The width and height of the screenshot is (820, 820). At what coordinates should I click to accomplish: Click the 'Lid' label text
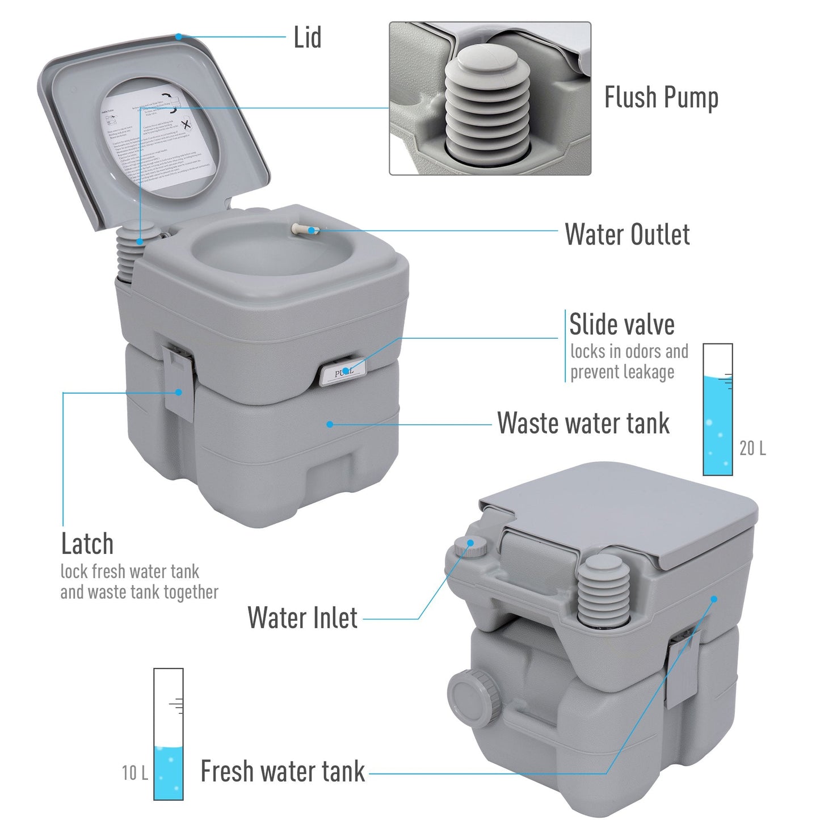[307, 38]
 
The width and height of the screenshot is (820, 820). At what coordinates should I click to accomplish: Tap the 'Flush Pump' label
[661, 98]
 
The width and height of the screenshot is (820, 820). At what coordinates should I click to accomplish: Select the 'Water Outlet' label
[626, 234]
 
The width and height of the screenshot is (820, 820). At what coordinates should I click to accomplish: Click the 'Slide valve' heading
[621, 325]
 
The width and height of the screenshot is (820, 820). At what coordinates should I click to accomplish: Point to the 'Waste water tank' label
[583, 423]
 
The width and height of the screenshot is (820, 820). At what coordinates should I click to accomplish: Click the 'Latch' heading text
[87, 544]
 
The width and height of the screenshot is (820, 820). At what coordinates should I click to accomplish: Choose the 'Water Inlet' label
[302, 617]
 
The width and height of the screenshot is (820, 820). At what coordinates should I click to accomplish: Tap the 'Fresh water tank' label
[282, 771]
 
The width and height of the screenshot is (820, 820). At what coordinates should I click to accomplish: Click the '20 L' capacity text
[752, 448]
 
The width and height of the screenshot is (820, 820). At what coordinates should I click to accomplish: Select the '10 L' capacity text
[134, 772]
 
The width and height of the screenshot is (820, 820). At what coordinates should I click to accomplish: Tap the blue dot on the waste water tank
[330, 424]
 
